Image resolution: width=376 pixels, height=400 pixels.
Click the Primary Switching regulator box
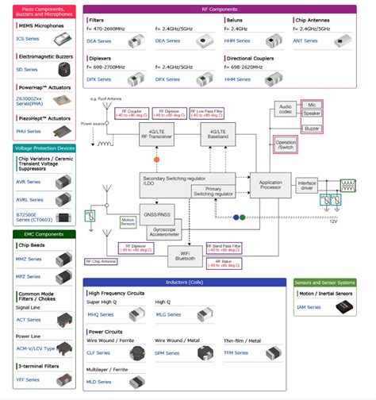[213, 191]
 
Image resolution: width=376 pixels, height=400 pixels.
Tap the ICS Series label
[29, 38]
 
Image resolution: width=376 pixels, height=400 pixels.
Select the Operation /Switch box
[285, 144]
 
